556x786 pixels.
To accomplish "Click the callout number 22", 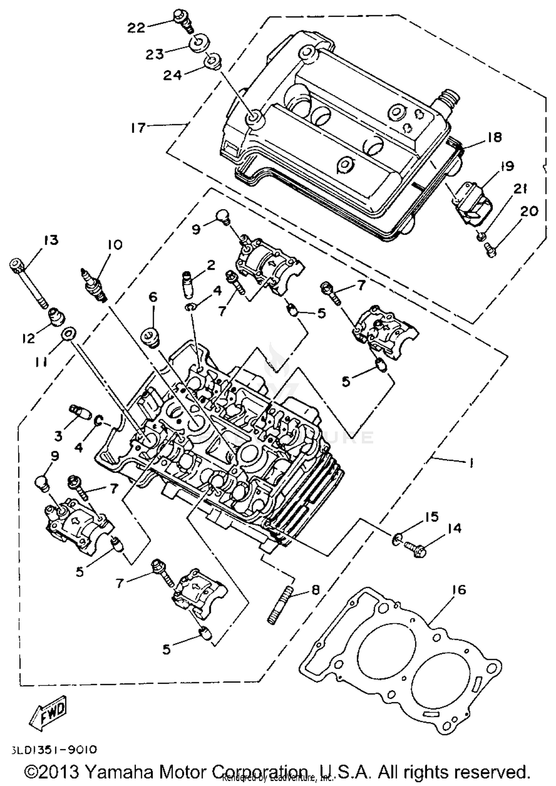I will tap(136, 27).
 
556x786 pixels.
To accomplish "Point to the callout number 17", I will tap(138, 128).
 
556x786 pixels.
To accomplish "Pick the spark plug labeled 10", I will tap(94, 286).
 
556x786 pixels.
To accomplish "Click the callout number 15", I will tap(431, 517).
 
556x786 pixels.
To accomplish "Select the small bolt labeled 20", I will tap(490, 252).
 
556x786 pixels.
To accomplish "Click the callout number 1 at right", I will tap(471, 463).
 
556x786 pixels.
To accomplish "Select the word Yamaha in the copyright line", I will tap(119, 772).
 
